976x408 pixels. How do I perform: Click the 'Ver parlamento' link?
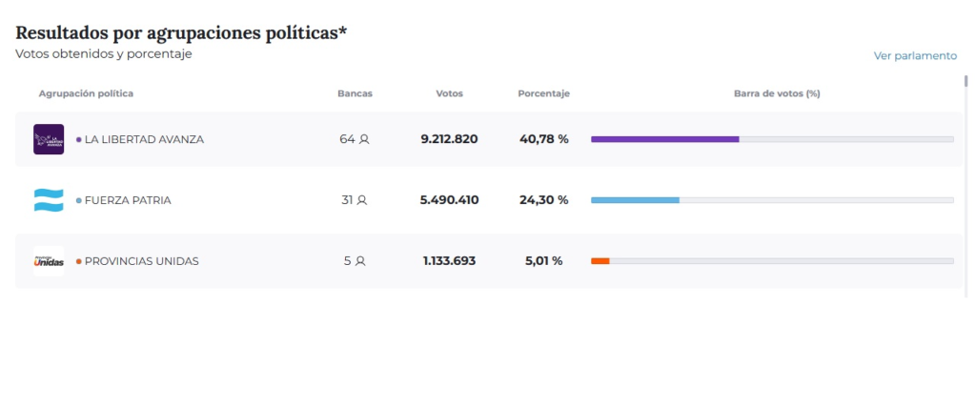(915, 56)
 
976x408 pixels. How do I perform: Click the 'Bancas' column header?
(355, 93)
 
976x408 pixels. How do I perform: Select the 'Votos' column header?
(449, 93)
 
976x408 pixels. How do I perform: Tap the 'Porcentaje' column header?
(543, 93)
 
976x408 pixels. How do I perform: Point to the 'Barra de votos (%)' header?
(777, 93)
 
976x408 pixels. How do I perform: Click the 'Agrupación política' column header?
(86, 93)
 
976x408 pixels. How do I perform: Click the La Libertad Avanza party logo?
(49, 139)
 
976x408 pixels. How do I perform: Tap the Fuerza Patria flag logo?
(49, 200)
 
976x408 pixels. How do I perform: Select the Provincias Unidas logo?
(49, 261)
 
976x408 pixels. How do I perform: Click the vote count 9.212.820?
(449, 139)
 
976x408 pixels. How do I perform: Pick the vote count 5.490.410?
(449, 200)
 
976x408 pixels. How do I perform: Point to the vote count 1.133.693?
(449, 261)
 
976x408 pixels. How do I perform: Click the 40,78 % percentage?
(543, 139)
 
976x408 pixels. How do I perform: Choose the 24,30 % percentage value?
(543, 200)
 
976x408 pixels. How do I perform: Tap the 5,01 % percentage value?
(543, 261)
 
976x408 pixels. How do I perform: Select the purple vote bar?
(664, 139)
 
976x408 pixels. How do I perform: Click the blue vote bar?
(635, 200)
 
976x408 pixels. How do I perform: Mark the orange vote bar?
(600, 261)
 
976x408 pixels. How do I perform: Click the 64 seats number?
(347, 139)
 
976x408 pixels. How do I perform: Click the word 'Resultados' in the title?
(62, 33)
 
